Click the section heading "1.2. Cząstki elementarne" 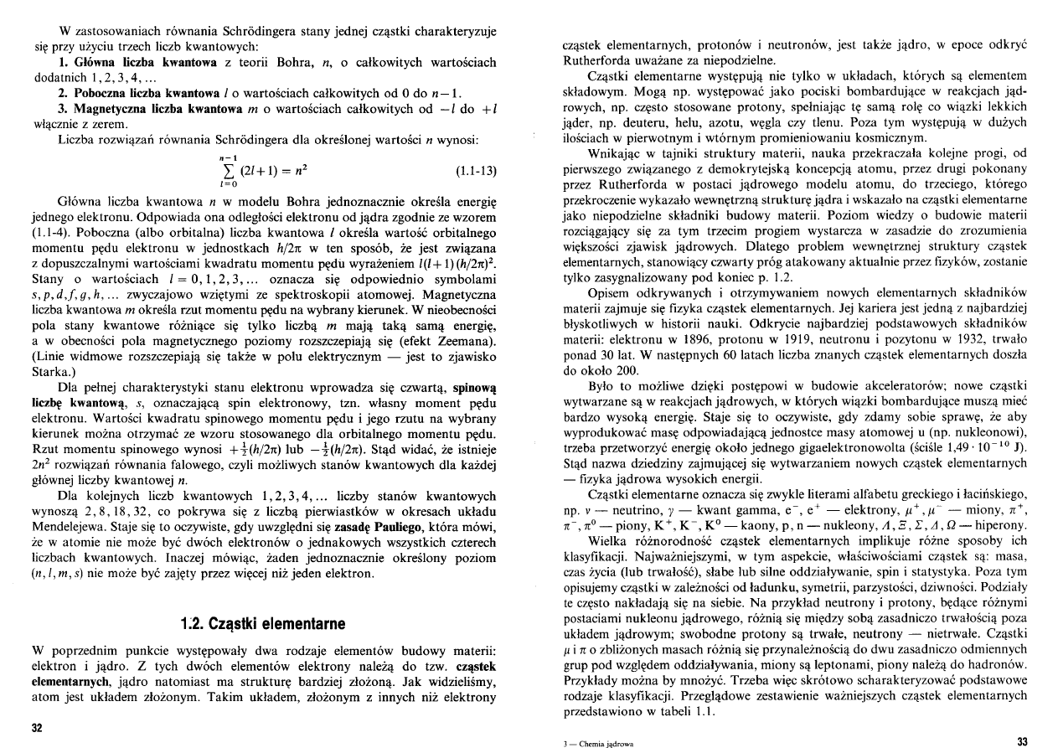pos(263,625)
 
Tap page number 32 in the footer pos(37,727)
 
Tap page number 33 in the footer pos(1021,740)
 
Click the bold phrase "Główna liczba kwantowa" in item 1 pos(125,62)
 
